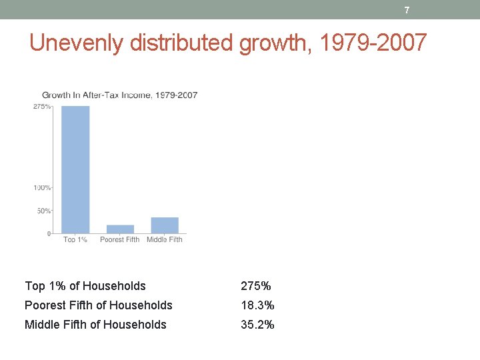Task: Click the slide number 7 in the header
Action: coord(407,10)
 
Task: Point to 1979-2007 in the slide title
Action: coord(373,43)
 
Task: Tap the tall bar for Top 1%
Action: coord(75,169)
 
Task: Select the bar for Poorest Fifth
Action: coord(120,229)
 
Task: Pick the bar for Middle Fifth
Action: coord(165,225)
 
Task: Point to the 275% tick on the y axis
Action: coord(42,107)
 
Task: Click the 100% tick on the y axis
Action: coord(42,188)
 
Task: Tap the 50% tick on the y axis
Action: coord(43,211)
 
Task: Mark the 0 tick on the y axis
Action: coord(48,233)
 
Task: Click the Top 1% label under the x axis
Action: coord(75,240)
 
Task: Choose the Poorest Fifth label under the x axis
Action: coord(120,240)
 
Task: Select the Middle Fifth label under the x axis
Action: coord(165,240)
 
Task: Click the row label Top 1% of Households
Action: coord(85,286)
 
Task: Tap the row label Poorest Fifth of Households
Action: coord(99,305)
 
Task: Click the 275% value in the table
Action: coord(256,286)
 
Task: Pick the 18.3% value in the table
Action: coord(257,305)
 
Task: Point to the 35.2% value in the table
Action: coord(257,325)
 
